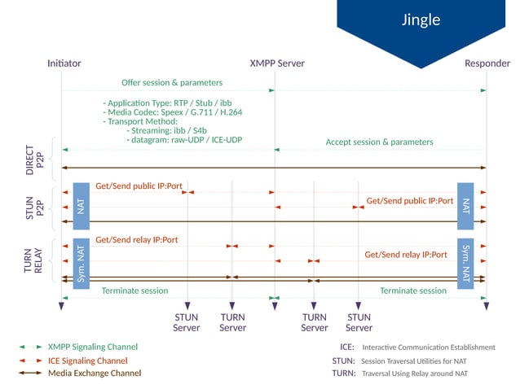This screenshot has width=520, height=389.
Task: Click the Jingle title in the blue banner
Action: (421, 20)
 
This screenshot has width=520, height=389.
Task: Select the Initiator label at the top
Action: (64, 63)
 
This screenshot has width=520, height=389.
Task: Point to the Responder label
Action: (487, 63)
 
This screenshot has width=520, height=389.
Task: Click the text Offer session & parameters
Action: (172, 82)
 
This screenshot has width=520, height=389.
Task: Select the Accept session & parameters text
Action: (379, 142)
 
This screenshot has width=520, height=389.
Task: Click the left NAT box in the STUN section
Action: (81, 207)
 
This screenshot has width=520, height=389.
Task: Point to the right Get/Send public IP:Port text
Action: (409, 200)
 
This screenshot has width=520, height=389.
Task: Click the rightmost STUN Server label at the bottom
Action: (359, 322)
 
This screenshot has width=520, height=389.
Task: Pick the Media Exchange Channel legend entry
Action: (94, 373)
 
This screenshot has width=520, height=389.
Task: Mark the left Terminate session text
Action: (134, 291)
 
